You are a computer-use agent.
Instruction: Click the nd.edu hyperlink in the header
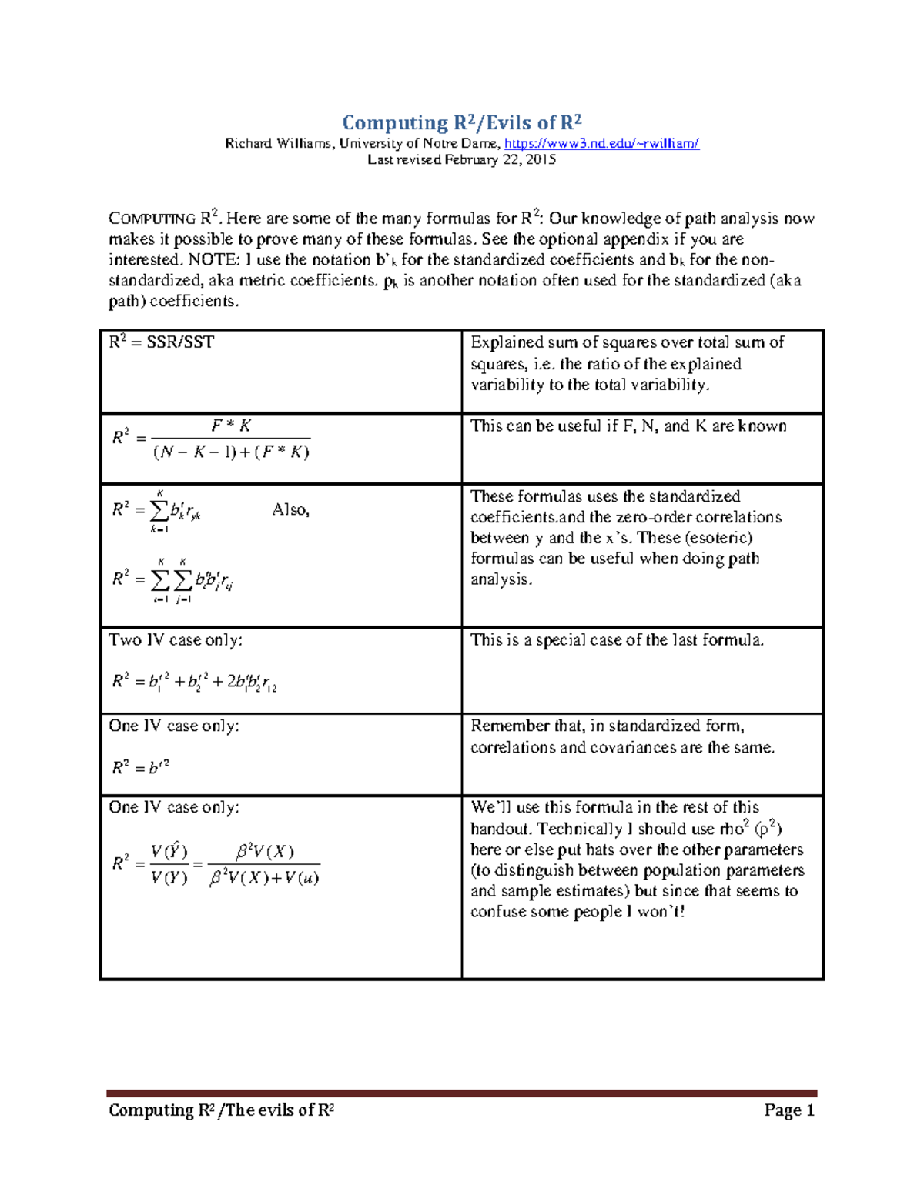[601, 143]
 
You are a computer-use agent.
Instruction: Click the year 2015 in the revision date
[540, 160]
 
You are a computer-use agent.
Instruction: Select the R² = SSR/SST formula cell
[162, 342]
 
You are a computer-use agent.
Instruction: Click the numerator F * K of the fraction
[231, 426]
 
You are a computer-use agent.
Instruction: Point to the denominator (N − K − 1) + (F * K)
[231, 452]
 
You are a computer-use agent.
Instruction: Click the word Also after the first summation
[290, 510]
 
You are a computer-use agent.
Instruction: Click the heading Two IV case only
[176, 640]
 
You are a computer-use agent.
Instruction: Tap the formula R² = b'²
[141, 767]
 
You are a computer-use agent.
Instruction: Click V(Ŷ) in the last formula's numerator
[169, 851]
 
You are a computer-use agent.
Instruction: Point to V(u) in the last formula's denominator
[301, 878]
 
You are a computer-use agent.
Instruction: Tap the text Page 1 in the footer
[789, 1110]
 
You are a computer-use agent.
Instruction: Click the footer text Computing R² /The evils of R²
[221, 1110]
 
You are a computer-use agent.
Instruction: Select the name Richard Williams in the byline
[278, 143]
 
